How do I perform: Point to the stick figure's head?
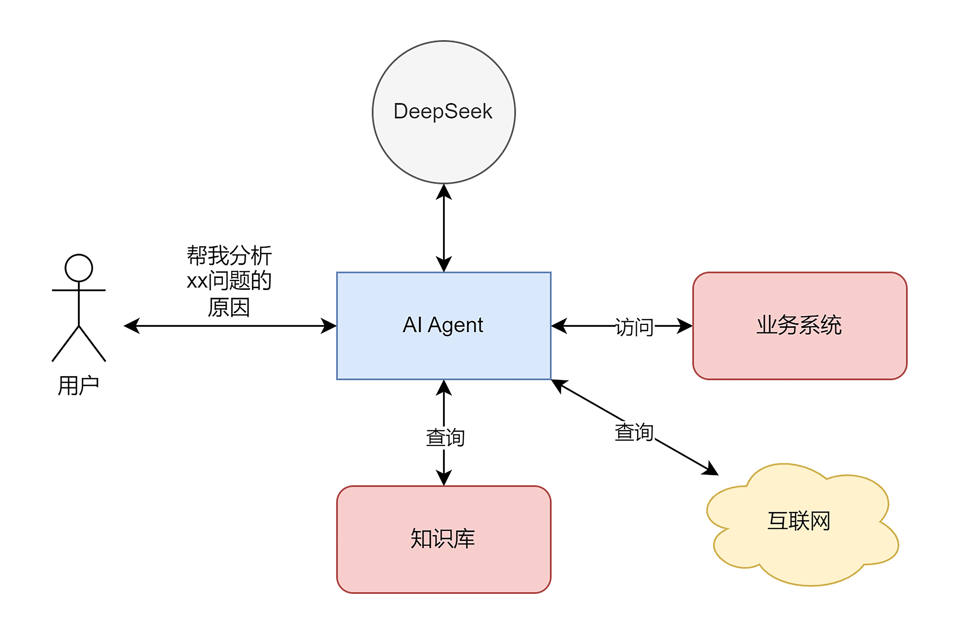click(79, 268)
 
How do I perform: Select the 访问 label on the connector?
click(634, 327)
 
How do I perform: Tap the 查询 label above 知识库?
click(445, 437)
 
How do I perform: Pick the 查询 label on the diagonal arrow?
click(634, 432)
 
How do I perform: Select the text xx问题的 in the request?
click(229, 281)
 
